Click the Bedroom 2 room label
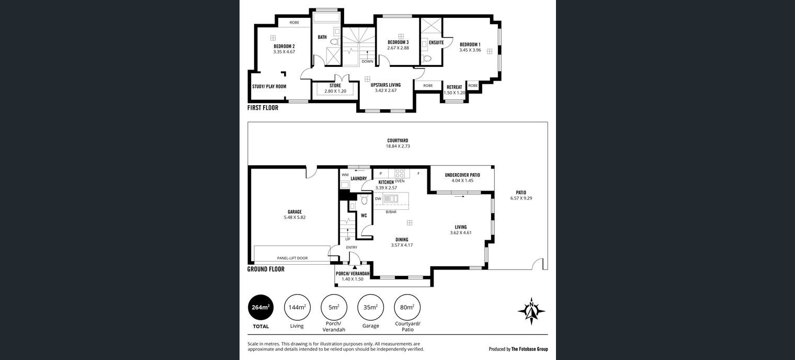[x=284, y=46]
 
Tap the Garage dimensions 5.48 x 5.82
[x=294, y=217]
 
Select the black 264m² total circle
[x=260, y=308]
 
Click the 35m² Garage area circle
[x=370, y=308]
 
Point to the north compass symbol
[x=531, y=311]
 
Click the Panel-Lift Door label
[x=292, y=258]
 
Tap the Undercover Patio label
[x=462, y=175]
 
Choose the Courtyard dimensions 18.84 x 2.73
[x=398, y=146]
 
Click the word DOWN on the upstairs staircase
[x=367, y=61]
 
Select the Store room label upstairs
[x=335, y=86]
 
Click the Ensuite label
[x=436, y=42]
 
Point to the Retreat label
[x=455, y=87]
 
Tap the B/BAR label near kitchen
[x=391, y=212]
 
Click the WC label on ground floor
[x=364, y=216]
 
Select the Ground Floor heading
[x=266, y=269]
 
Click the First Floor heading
[x=263, y=108]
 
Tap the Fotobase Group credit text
[x=529, y=349]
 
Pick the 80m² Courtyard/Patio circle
[x=407, y=308]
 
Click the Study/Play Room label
[x=269, y=86]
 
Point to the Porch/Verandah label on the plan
[x=353, y=274]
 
